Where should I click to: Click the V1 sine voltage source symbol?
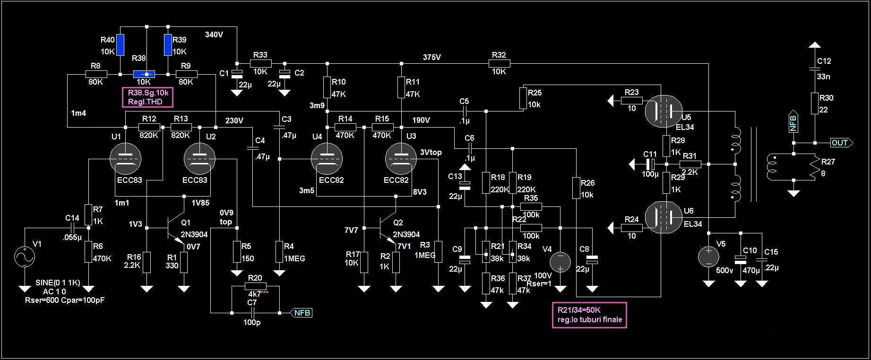[x=25, y=257]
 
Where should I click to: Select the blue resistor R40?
[x=120, y=44]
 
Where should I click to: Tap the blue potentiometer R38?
[x=144, y=74]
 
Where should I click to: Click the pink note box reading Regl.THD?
[x=147, y=97]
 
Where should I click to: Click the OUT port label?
[x=842, y=143]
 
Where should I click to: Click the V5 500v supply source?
[x=708, y=257]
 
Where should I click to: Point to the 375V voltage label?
[x=432, y=58]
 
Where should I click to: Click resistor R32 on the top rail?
[x=499, y=63]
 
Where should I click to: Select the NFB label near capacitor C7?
[x=302, y=313]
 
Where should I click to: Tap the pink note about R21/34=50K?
[x=589, y=315]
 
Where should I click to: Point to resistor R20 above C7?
[x=256, y=286]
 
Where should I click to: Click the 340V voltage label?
[x=214, y=34]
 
